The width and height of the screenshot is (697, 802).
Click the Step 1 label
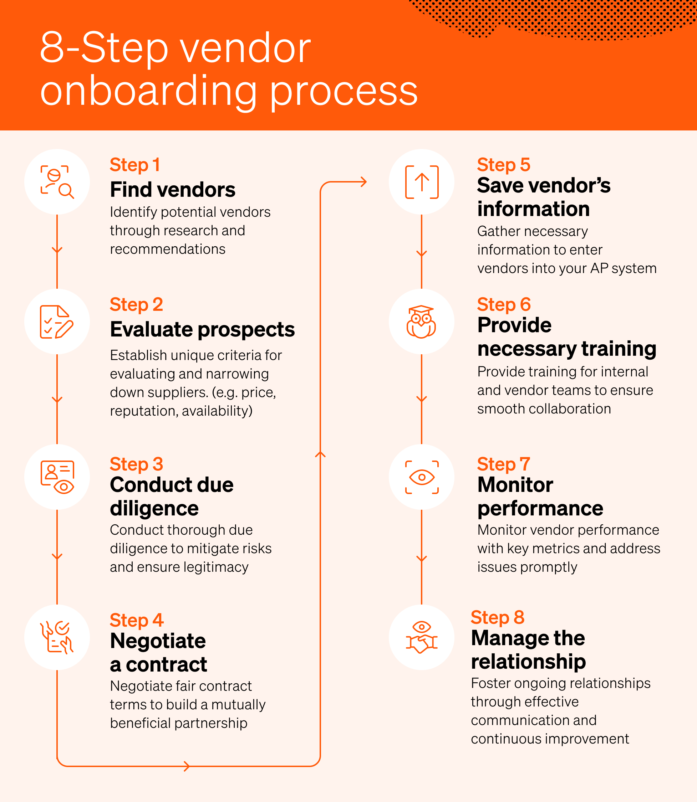coord(134,165)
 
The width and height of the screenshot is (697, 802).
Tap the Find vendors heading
coord(172,190)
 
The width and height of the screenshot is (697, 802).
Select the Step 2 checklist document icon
coord(57,322)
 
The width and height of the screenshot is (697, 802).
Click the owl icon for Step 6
coord(421,322)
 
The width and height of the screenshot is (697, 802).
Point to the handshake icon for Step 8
coord(421,637)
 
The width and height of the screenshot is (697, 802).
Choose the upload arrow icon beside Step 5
coord(422,182)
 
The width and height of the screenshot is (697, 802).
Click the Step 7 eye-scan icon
coord(422,477)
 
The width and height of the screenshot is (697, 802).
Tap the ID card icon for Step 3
coord(57,477)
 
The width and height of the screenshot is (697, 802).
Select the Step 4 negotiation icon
coord(57,637)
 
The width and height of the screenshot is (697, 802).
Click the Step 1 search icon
coord(57,182)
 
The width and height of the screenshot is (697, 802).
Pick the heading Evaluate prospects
coord(202,329)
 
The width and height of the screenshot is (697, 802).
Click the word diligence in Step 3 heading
coord(154,508)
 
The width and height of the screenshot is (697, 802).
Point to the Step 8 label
coord(497,617)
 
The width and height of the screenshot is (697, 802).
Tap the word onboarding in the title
coord(148,92)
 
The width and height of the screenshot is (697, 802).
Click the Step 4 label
coord(136,620)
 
